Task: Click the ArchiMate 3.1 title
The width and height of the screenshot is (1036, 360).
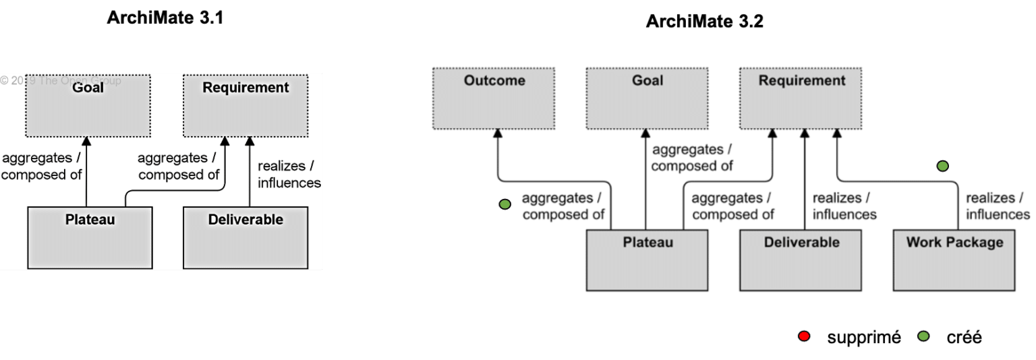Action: (x=165, y=18)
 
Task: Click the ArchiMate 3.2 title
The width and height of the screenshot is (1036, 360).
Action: (x=704, y=22)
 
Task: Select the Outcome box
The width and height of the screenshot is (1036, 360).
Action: (x=494, y=98)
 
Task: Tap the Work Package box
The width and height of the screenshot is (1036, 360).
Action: (x=954, y=260)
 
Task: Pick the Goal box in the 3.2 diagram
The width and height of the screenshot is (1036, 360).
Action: (x=647, y=98)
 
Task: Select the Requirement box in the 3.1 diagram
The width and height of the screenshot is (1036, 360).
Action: (x=246, y=104)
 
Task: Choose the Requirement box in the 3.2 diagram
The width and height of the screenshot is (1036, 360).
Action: (x=801, y=98)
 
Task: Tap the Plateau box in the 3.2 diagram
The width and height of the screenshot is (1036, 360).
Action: (x=647, y=260)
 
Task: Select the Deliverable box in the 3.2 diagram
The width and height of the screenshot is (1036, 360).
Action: (x=801, y=260)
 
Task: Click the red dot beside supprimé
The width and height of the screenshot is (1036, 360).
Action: (x=803, y=336)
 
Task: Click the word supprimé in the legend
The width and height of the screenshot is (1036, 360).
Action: (x=863, y=337)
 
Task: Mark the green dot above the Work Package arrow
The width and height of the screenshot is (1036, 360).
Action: (x=942, y=166)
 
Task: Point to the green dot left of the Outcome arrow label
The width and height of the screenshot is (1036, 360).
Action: (x=505, y=204)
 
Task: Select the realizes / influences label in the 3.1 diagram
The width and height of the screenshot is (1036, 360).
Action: (x=289, y=175)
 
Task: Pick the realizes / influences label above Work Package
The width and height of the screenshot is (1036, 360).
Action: (x=998, y=206)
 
